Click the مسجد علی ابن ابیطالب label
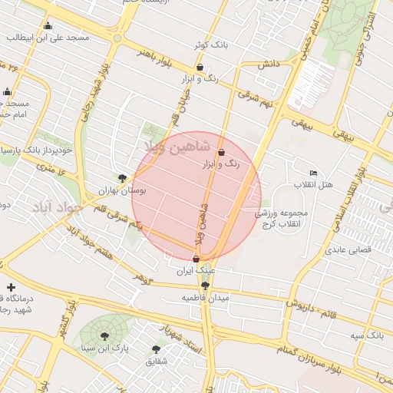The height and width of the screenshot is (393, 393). [48, 37]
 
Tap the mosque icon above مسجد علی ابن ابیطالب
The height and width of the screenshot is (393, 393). [48, 25]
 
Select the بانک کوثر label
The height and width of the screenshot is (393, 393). [213, 45]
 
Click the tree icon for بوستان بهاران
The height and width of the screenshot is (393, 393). [122, 177]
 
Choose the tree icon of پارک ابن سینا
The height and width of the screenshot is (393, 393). [104, 335]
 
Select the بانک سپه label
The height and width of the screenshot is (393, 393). [367, 336]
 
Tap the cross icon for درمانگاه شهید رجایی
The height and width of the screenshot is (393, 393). [10, 287]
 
